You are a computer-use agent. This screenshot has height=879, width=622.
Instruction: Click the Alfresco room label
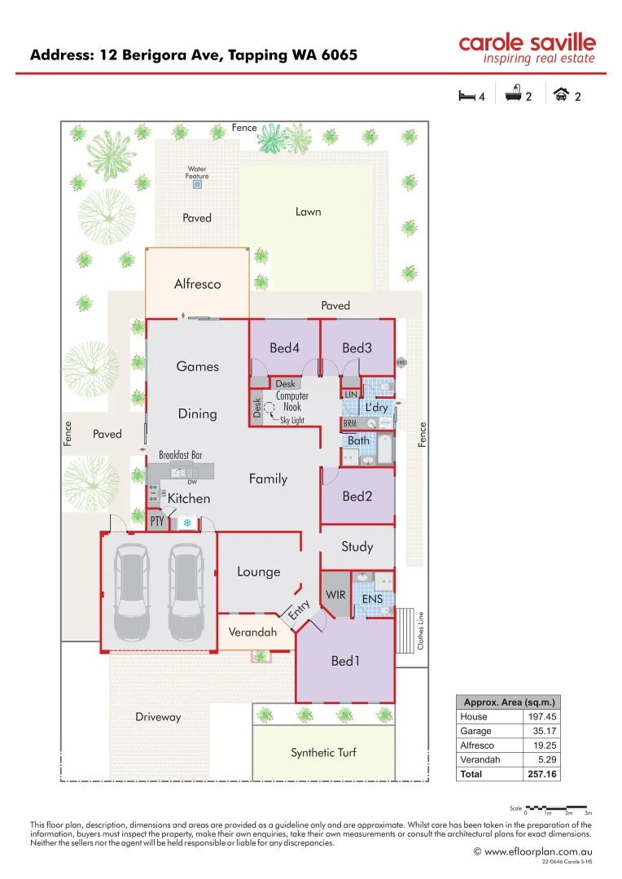[x=197, y=284]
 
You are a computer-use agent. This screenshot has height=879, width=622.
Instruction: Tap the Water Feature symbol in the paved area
[x=197, y=185]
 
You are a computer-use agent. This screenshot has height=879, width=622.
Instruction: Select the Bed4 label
[x=284, y=348]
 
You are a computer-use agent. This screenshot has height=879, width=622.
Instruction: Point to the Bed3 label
[x=357, y=348]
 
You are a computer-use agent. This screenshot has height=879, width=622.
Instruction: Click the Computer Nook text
[x=292, y=401]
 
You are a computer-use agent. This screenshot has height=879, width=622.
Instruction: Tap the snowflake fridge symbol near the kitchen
[x=187, y=523]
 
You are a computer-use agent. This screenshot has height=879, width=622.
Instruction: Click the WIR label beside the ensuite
[x=335, y=595]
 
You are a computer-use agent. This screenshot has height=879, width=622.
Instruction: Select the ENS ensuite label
[x=372, y=599]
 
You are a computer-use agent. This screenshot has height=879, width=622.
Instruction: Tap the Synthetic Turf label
[x=323, y=753]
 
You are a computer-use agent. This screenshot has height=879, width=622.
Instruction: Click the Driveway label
[x=158, y=717]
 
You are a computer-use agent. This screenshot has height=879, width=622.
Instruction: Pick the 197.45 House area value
[x=541, y=717]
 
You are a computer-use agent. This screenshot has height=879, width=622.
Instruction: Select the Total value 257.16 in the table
[x=541, y=774]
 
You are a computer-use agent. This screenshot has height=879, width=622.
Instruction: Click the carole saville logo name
[x=527, y=42]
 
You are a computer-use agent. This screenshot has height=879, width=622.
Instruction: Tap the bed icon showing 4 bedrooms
[x=466, y=96]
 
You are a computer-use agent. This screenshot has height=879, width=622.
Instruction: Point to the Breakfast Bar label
[x=180, y=455]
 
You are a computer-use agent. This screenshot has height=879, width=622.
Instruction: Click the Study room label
[x=357, y=547]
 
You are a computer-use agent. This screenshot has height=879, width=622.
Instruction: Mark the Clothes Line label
[x=420, y=630]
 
